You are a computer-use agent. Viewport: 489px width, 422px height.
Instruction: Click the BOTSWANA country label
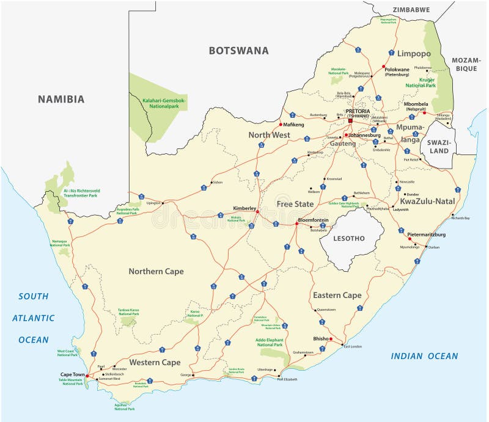pyautogui.click(x=238, y=51)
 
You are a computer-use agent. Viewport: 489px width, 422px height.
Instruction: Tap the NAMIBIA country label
pyautogui.click(x=61, y=99)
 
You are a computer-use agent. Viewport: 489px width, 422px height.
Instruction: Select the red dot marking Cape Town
pyautogui.click(x=87, y=376)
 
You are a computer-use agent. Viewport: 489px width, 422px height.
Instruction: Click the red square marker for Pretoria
pyautogui.click(x=351, y=120)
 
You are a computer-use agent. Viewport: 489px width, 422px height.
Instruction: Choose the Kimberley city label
pyautogui.click(x=244, y=208)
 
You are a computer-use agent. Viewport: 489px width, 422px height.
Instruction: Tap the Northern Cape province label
pyautogui.click(x=156, y=271)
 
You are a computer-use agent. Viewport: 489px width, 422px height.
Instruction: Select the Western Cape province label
pyautogui.click(x=154, y=362)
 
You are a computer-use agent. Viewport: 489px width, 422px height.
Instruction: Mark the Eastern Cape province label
pyautogui.click(x=337, y=295)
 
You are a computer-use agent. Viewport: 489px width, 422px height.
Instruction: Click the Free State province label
pyautogui.click(x=295, y=203)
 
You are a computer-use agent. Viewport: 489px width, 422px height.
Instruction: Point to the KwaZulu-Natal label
pyautogui.click(x=427, y=200)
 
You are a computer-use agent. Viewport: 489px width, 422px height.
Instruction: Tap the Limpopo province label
pyautogui.click(x=414, y=54)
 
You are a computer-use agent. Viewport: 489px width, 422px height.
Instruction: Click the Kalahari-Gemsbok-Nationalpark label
pyautogui.click(x=155, y=103)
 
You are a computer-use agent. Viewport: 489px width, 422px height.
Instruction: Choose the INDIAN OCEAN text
pyautogui.click(x=424, y=356)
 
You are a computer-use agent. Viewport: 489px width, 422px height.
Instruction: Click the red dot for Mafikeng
pyautogui.click(x=281, y=124)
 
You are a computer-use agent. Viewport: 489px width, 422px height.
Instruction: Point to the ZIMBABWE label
pyautogui.click(x=411, y=10)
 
